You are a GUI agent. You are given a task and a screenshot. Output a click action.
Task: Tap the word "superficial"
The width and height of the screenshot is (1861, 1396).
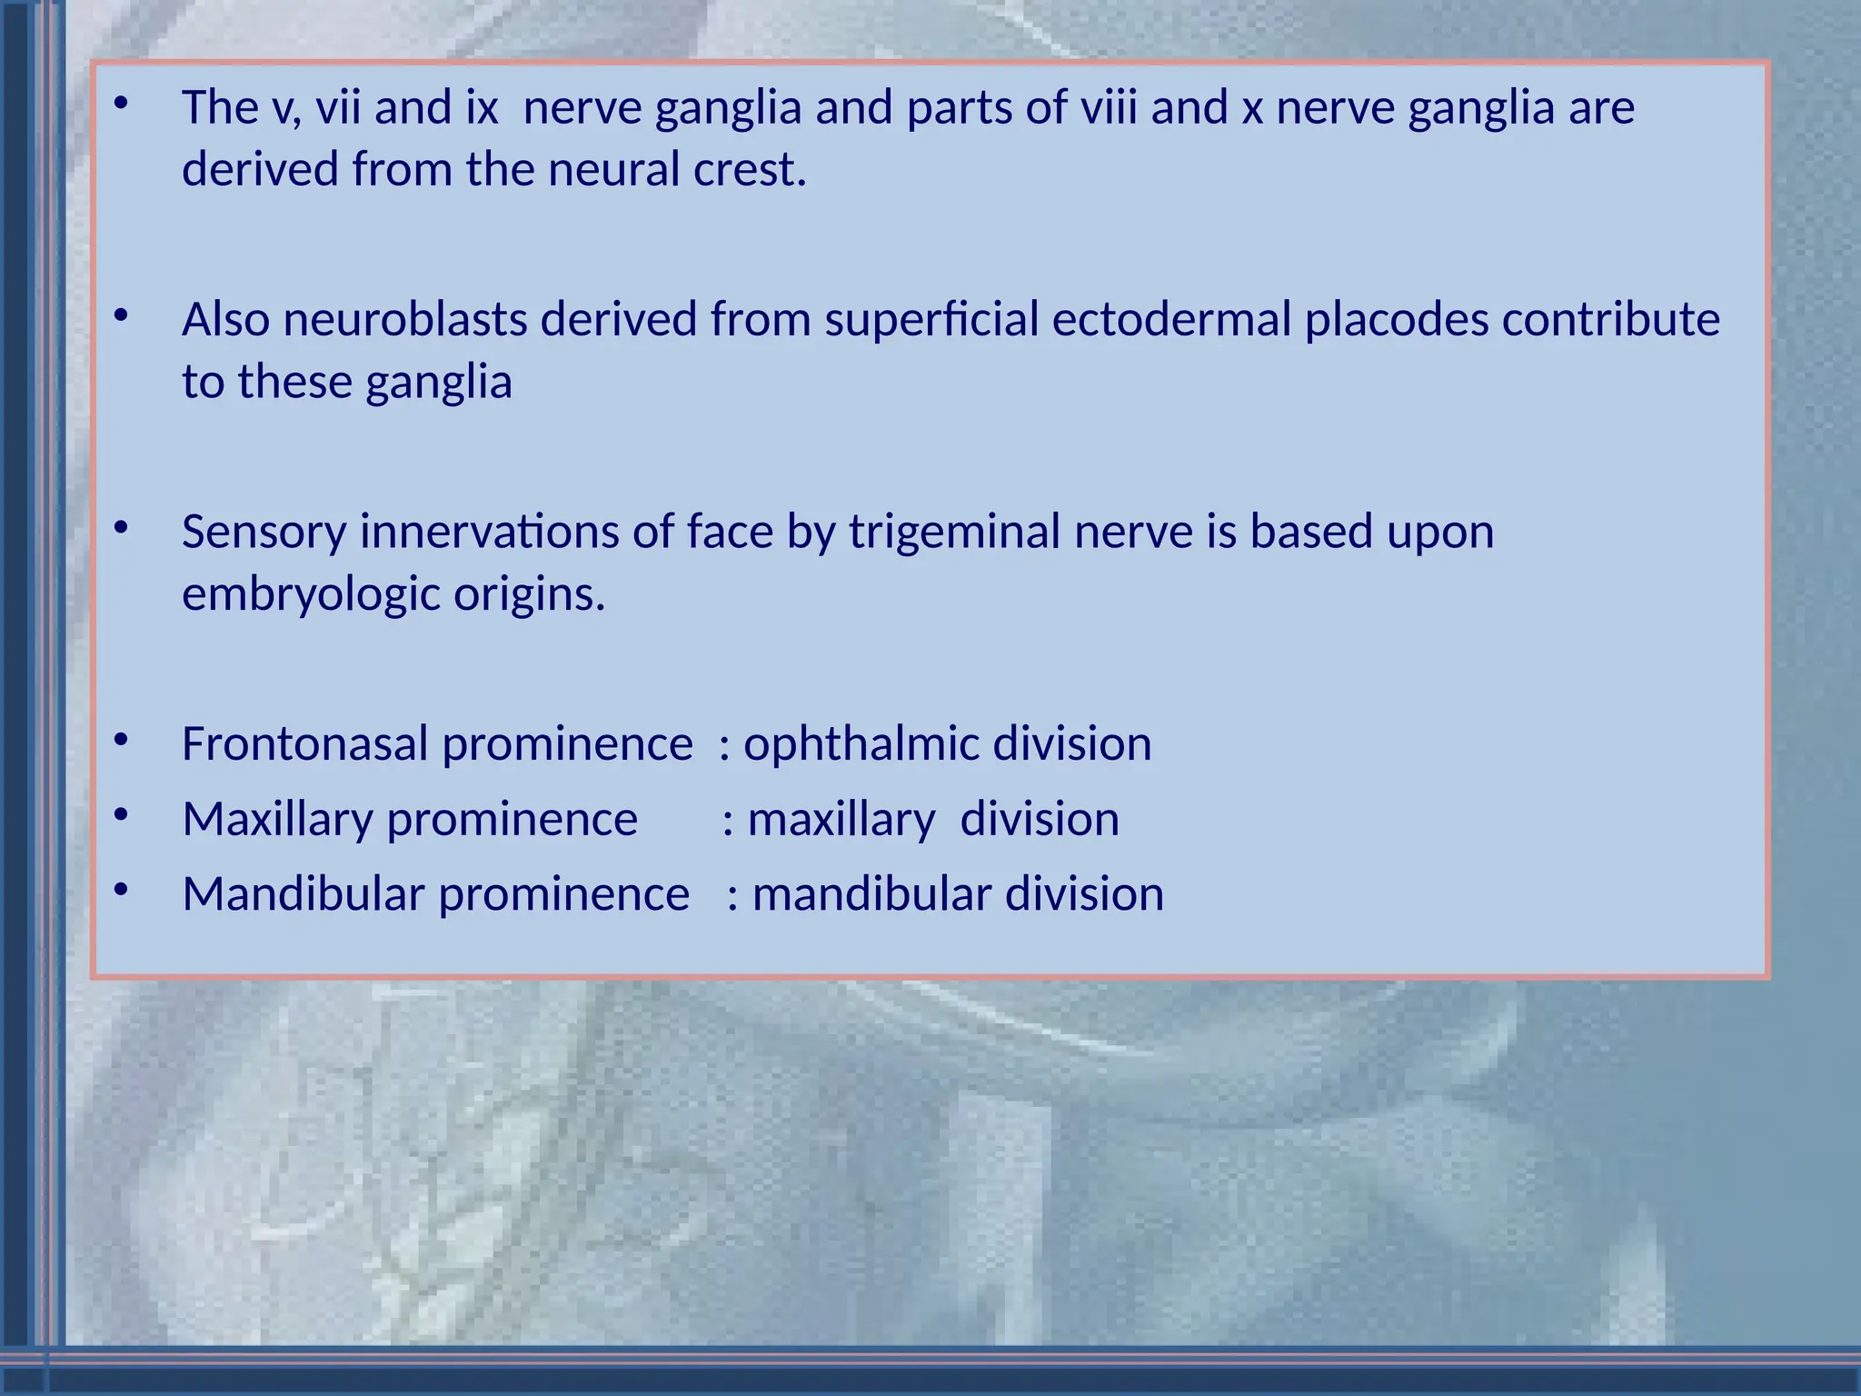pyautogui.click(x=931, y=320)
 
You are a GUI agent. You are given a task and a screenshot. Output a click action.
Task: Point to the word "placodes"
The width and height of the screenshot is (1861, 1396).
pyautogui.click(x=1397, y=320)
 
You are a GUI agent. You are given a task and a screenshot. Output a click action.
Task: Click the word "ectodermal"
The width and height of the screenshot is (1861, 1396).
pyautogui.click(x=1171, y=320)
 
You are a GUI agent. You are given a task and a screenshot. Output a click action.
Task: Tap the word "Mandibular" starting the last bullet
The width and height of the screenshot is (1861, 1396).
pyautogui.click(x=304, y=894)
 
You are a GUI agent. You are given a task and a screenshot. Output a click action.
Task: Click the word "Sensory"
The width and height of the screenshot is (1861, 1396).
pyautogui.click(x=264, y=533)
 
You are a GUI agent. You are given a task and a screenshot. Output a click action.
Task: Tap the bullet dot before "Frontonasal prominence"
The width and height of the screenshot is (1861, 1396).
pyautogui.click(x=121, y=741)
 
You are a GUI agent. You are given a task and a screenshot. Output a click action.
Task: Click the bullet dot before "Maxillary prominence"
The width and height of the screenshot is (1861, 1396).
pyautogui.click(x=121, y=816)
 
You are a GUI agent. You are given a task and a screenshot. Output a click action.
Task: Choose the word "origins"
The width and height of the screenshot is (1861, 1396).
pyautogui.click(x=529, y=595)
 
